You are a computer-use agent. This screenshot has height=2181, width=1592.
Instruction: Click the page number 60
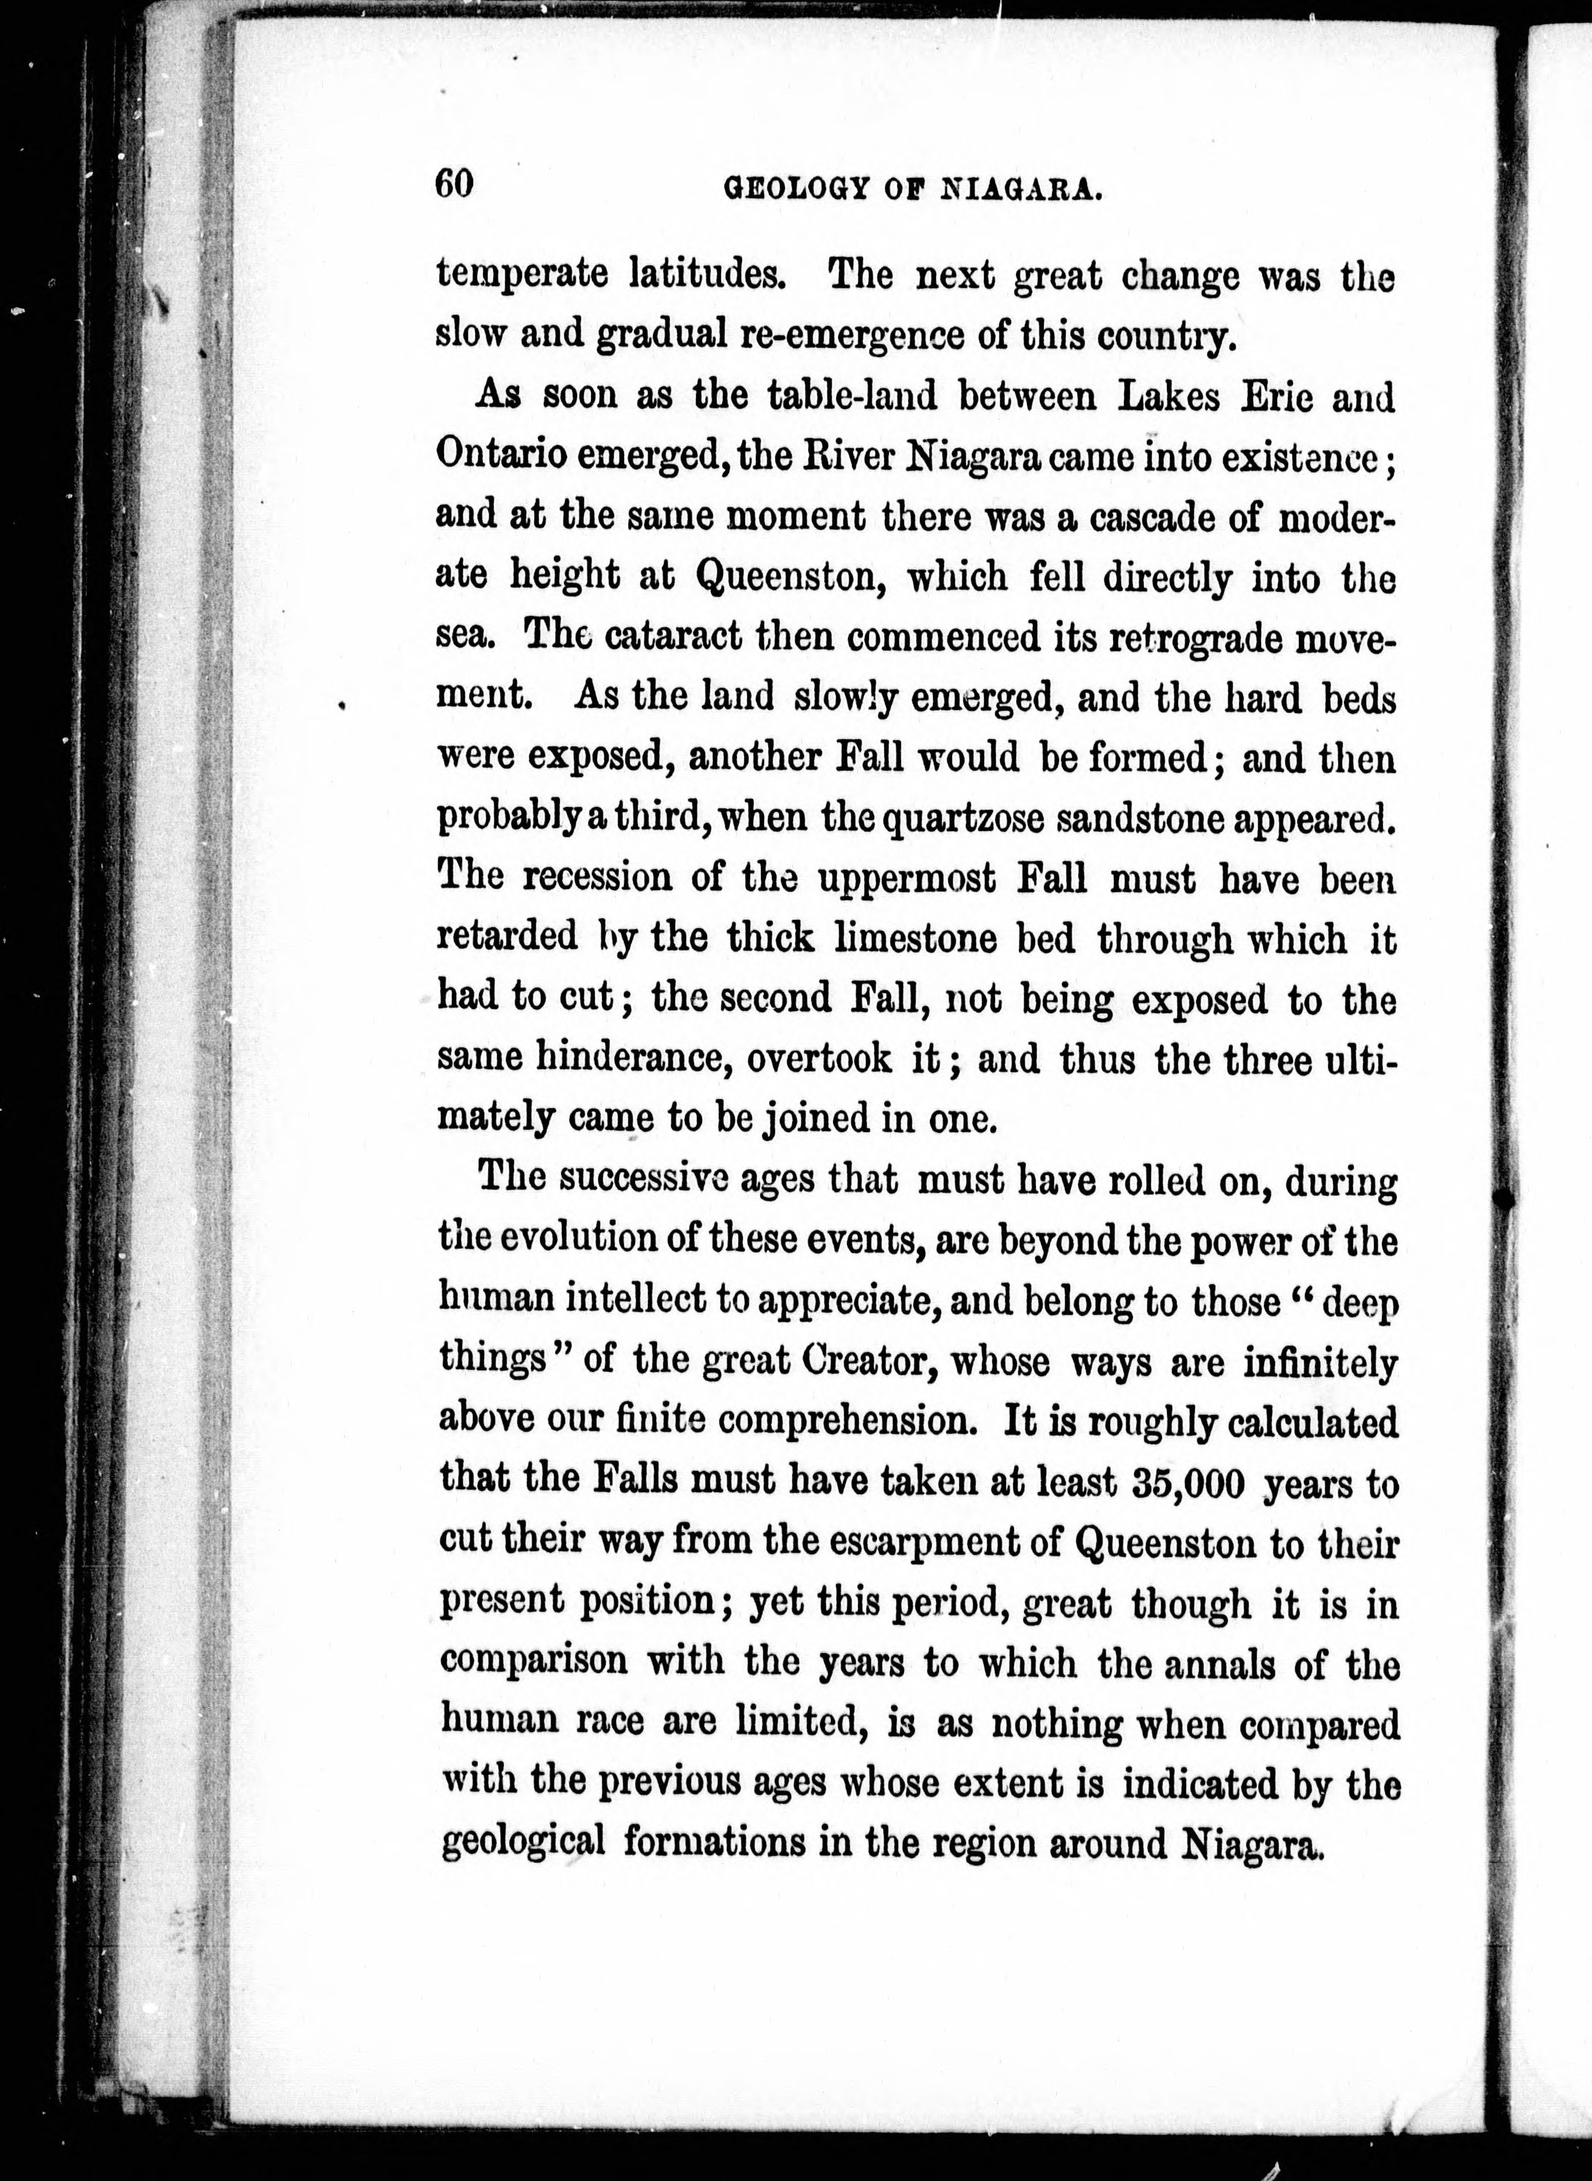click(x=454, y=183)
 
